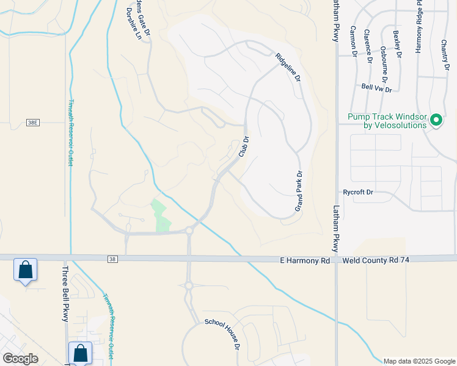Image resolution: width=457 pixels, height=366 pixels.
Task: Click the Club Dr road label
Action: tap(245, 146)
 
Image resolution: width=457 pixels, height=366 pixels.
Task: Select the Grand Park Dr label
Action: tap(299, 191)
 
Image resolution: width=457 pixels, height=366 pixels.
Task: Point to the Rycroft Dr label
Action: tap(359, 192)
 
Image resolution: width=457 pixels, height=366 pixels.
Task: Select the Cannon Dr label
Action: tap(354, 41)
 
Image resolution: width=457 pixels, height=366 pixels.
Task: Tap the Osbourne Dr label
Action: tap(384, 63)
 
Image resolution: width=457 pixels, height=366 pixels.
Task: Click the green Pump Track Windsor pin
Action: tap(436, 120)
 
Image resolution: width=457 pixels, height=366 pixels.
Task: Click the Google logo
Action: tap(20, 359)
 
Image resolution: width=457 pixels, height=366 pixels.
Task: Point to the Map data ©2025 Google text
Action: tap(419, 361)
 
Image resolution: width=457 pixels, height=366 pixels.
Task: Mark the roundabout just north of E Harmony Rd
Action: tap(189, 231)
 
